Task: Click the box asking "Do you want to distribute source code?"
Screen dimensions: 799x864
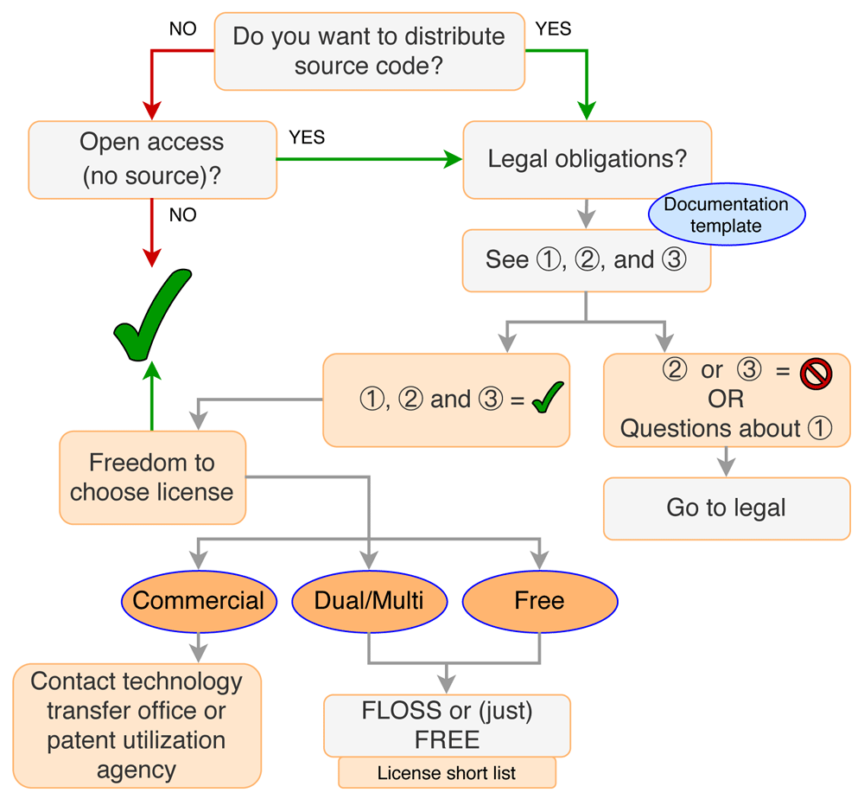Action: (369, 50)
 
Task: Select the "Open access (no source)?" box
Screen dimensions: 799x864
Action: (152, 159)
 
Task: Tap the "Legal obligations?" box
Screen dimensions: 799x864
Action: (588, 160)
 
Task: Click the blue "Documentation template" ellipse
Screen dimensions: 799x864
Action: (726, 215)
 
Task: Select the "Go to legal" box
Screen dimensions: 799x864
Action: (726, 508)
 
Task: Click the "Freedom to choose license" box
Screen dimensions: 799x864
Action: (152, 477)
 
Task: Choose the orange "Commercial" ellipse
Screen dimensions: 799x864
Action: (199, 600)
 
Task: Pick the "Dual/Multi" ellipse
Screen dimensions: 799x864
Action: (369, 600)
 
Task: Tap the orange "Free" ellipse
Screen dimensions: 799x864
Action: (540, 600)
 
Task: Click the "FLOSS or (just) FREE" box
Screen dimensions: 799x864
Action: (447, 725)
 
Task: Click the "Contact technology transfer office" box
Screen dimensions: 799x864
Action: (137, 725)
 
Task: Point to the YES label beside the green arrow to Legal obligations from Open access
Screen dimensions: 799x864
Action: (307, 137)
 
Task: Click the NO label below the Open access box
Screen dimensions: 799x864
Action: (182, 214)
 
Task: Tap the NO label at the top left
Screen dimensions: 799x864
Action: (182, 29)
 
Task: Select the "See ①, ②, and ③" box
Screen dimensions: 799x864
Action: (586, 260)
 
